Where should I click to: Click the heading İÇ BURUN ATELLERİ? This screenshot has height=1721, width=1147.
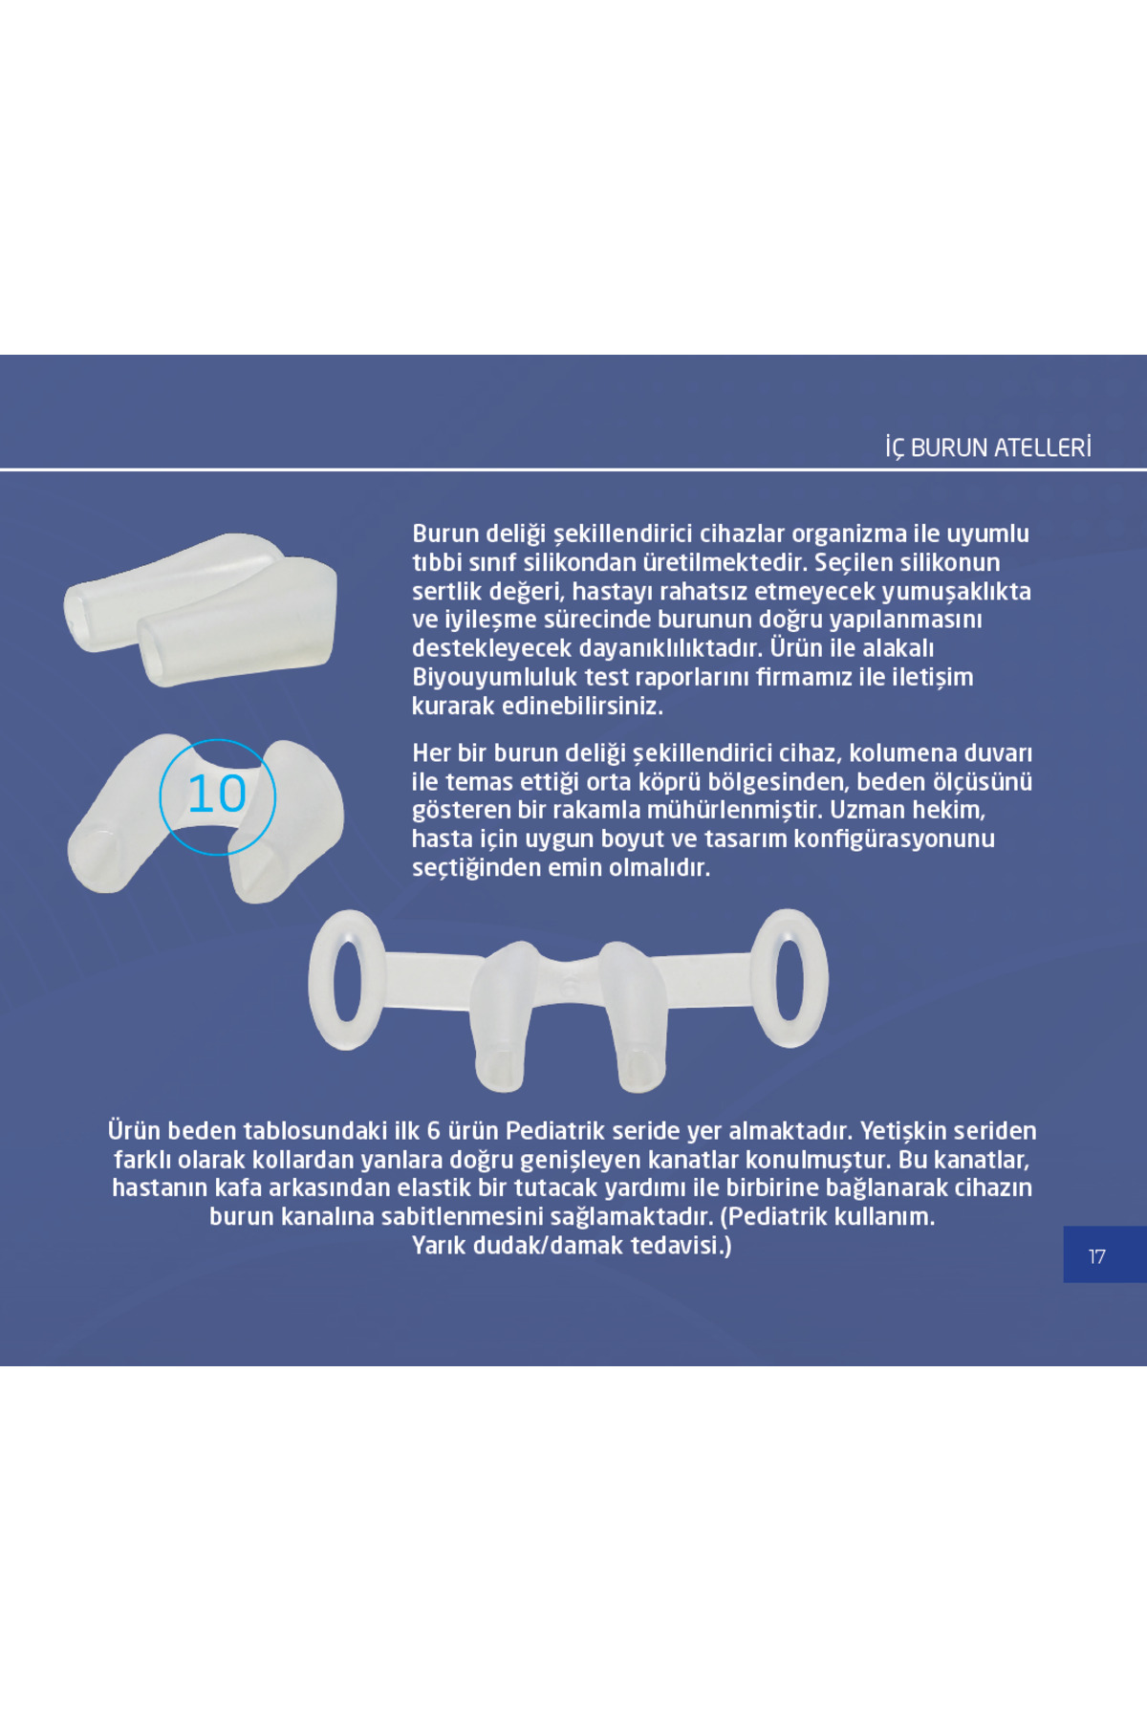click(x=987, y=447)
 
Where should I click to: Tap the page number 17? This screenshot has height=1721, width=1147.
click(x=1096, y=1256)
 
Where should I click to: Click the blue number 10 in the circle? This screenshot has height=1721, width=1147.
click(x=217, y=794)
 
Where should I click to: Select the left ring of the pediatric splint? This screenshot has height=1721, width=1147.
click(x=347, y=980)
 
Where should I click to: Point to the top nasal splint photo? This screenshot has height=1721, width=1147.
click(x=201, y=608)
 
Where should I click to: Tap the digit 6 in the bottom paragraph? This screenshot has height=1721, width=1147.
click(x=433, y=1131)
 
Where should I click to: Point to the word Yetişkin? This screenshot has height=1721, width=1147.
click(x=905, y=1132)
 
